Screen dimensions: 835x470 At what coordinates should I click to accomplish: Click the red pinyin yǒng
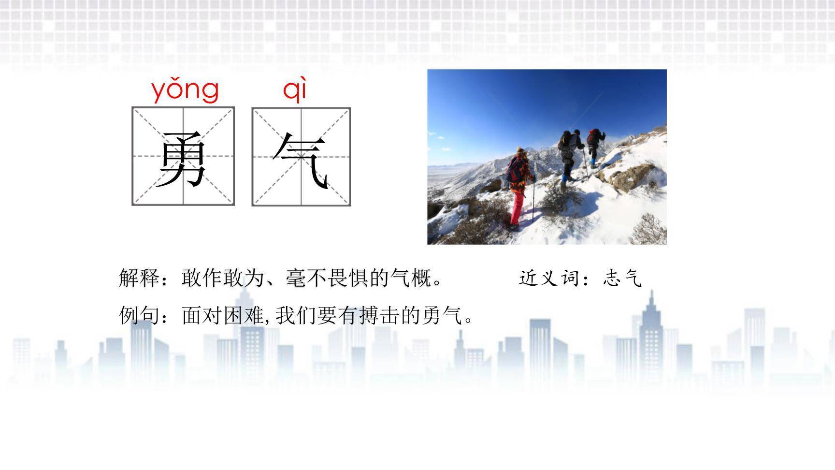click(185, 90)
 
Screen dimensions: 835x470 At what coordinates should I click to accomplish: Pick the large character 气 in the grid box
click(301, 160)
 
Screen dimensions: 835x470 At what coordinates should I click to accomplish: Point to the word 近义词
click(550, 278)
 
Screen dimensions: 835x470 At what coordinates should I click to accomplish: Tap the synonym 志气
click(623, 278)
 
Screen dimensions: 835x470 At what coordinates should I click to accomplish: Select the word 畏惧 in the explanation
click(348, 278)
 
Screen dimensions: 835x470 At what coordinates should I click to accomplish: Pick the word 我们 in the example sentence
click(296, 316)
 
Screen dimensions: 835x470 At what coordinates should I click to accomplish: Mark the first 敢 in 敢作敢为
click(192, 278)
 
